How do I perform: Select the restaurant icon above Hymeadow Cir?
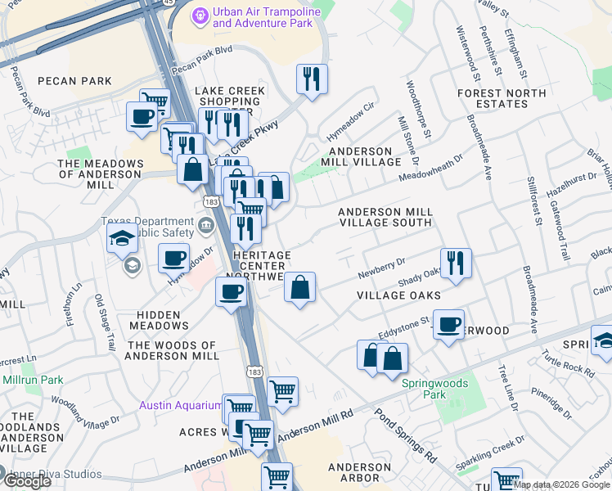tap(311, 79)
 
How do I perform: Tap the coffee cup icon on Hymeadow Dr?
tap(173, 259)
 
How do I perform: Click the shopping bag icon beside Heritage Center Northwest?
tap(300, 287)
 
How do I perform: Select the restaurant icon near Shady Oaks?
tap(456, 263)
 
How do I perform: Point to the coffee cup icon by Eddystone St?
tap(448, 325)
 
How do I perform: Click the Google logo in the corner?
tap(27, 480)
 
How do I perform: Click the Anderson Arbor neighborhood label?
tap(353, 472)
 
